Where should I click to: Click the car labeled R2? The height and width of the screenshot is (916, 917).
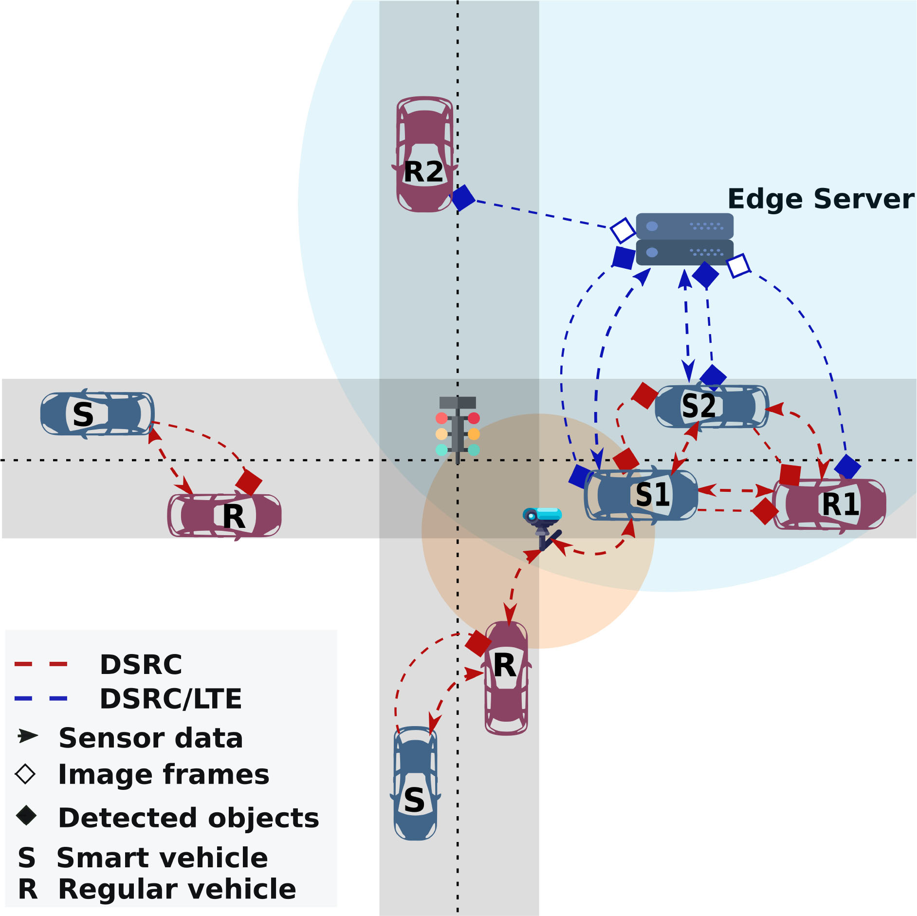coord(425,154)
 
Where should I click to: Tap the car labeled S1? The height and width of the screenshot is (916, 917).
coord(641,495)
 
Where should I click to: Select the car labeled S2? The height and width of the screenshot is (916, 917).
coord(711,407)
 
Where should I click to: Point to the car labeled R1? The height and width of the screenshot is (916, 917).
coord(829,504)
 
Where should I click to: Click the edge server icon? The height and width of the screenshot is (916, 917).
coord(684,239)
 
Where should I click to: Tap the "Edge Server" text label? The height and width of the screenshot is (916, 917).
coord(821,199)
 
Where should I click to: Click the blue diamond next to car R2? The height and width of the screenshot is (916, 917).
coord(463,198)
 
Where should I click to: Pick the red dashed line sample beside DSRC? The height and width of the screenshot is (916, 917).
coord(41,664)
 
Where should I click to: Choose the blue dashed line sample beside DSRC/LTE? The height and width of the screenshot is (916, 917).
coord(41,699)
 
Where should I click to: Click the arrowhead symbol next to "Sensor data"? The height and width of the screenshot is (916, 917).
coord(27,736)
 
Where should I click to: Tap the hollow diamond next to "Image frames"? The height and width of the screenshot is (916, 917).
coord(25,774)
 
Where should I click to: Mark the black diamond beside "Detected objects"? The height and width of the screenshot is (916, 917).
coord(26,816)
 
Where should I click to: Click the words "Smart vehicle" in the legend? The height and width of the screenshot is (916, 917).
coord(162,858)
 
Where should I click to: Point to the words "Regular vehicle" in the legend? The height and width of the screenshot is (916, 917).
coord(177,889)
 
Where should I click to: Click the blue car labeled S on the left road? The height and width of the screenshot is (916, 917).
coord(97,414)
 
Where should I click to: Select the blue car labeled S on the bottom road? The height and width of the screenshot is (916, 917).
coord(415,783)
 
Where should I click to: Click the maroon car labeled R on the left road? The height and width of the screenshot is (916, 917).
coord(224,516)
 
